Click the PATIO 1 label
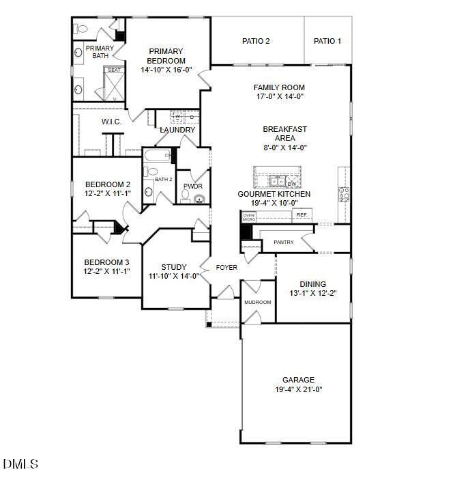coord(327,41)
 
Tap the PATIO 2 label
coord(256,41)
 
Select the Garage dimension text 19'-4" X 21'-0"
coord(298,389)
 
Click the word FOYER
coord(226,267)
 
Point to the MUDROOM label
coord(257,302)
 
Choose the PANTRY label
coord(283,242)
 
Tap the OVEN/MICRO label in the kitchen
coord(249,217)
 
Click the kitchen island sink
coord(276,182)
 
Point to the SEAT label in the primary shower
coord(113,70)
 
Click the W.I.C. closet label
coord(111,122)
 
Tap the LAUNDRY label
coord(177,130)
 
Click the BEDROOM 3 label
coord(106,262)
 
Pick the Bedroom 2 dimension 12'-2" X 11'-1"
coord(107,193)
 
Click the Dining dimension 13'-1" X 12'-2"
coord(312,293)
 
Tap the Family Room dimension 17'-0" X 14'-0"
coord(279,96)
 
